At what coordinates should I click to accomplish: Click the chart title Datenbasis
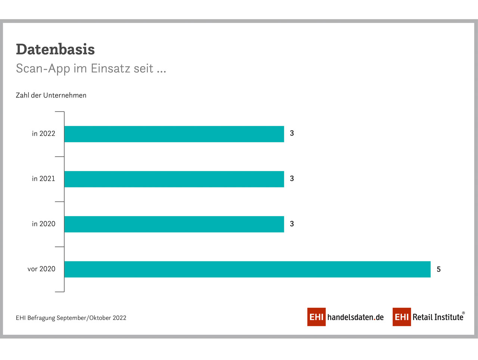pyautogui.click(x=55, y=49)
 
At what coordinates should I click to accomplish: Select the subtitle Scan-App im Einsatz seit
pyautogui.click(x=85, y=69)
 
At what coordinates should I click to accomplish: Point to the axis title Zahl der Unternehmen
pyautogui.click(x=51, y=95)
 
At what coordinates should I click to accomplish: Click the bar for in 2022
pyautogui.click(x=174, y=134)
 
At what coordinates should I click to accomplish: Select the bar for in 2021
pyautogui.click(x=174, y=179)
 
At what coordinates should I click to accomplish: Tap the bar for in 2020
pyautogui.click(x=174, y=224)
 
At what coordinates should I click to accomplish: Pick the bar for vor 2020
pyautogui.click(x=247, y=269)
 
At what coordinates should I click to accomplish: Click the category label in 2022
pyautogui.click(x=44, y=133)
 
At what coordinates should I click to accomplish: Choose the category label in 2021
pyautogui.click(x=44, y=179)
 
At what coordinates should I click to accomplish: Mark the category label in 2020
pyautogui.click(x=44, y=224)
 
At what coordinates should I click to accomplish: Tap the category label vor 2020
pyautogui.click(x=41, y=269)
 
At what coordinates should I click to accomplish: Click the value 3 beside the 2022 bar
pyautogui.click(x=292, y=133)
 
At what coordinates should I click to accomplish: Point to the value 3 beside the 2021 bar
pyautogui.click(x=292, y=179)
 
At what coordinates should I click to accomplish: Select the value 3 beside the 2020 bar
pyautogui.click(x=292, y=224)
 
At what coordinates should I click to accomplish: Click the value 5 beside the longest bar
pyautogui.click(x=438, y=269)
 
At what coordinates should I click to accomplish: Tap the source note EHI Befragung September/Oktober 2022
pyautogui.click(x=71, y=318)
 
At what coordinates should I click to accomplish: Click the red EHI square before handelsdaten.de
pyautogui.click(x=316, y=317)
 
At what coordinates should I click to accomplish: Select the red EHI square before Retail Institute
pyautogui.click(x=402, y=317)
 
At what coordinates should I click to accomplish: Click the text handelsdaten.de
pyautogui.click(x=356, y=317)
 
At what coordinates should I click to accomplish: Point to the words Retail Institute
pyautogui.click(x=438, y=317)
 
